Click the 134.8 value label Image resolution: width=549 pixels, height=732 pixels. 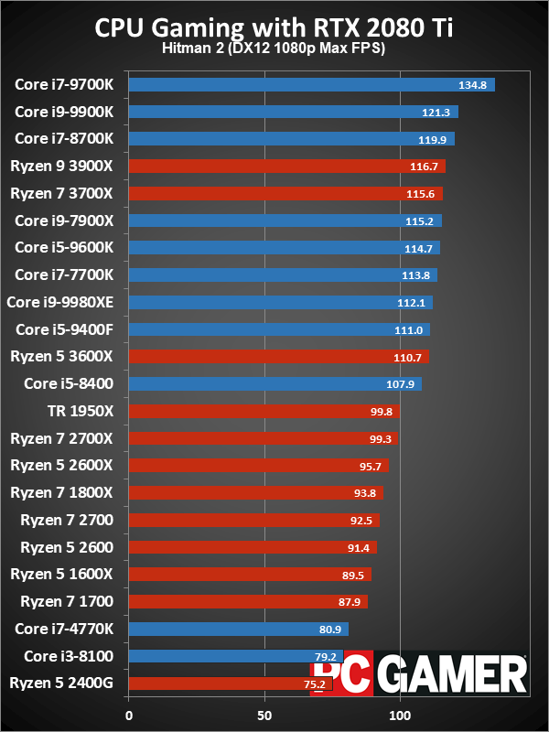tap(472, 85)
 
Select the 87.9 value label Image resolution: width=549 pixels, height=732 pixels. tap(350, 601)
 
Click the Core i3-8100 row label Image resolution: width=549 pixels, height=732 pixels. tap(70, 655)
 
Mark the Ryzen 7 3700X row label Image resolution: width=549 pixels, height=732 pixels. tap(61, 193)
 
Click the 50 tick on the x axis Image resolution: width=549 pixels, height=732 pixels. tap(264, 715)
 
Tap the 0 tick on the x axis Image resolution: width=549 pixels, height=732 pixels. tap(129, 715)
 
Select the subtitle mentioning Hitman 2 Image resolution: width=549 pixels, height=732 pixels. tap(274, 48)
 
